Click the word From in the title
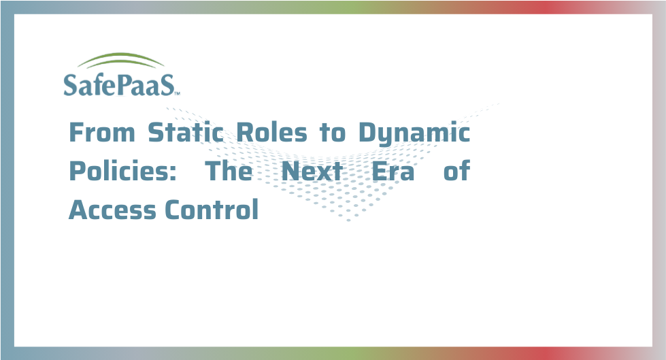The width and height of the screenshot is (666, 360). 102,133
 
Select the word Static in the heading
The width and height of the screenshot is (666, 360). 186,132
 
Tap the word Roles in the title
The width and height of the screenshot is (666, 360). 271,132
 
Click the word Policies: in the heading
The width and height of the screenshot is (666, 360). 122,171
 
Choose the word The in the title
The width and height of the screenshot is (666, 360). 229,171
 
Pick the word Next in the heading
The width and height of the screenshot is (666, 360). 312,171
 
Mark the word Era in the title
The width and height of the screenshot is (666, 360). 393,171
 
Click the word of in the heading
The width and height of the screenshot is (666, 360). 456,171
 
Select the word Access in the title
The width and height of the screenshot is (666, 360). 112,210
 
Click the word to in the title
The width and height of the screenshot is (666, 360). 333,133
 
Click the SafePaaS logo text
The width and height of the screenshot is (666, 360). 119,85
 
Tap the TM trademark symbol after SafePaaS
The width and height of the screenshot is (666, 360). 178,93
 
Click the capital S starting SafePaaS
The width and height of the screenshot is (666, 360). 71,85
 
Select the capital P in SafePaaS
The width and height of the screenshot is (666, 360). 123,85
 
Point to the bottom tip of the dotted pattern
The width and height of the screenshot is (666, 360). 349,220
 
